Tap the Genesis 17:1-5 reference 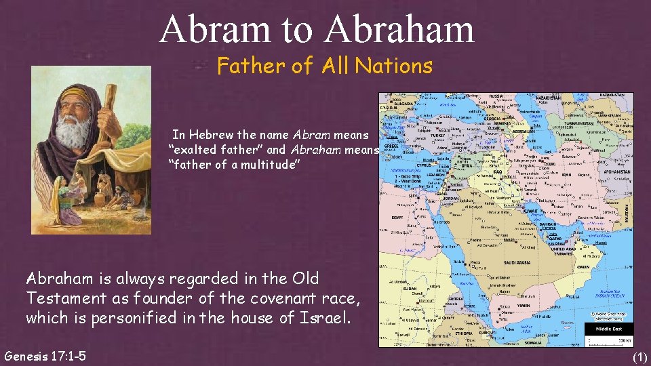[x=45, y=354]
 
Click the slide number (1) [x=639, y=357]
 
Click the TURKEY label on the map [x=439, y=135]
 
